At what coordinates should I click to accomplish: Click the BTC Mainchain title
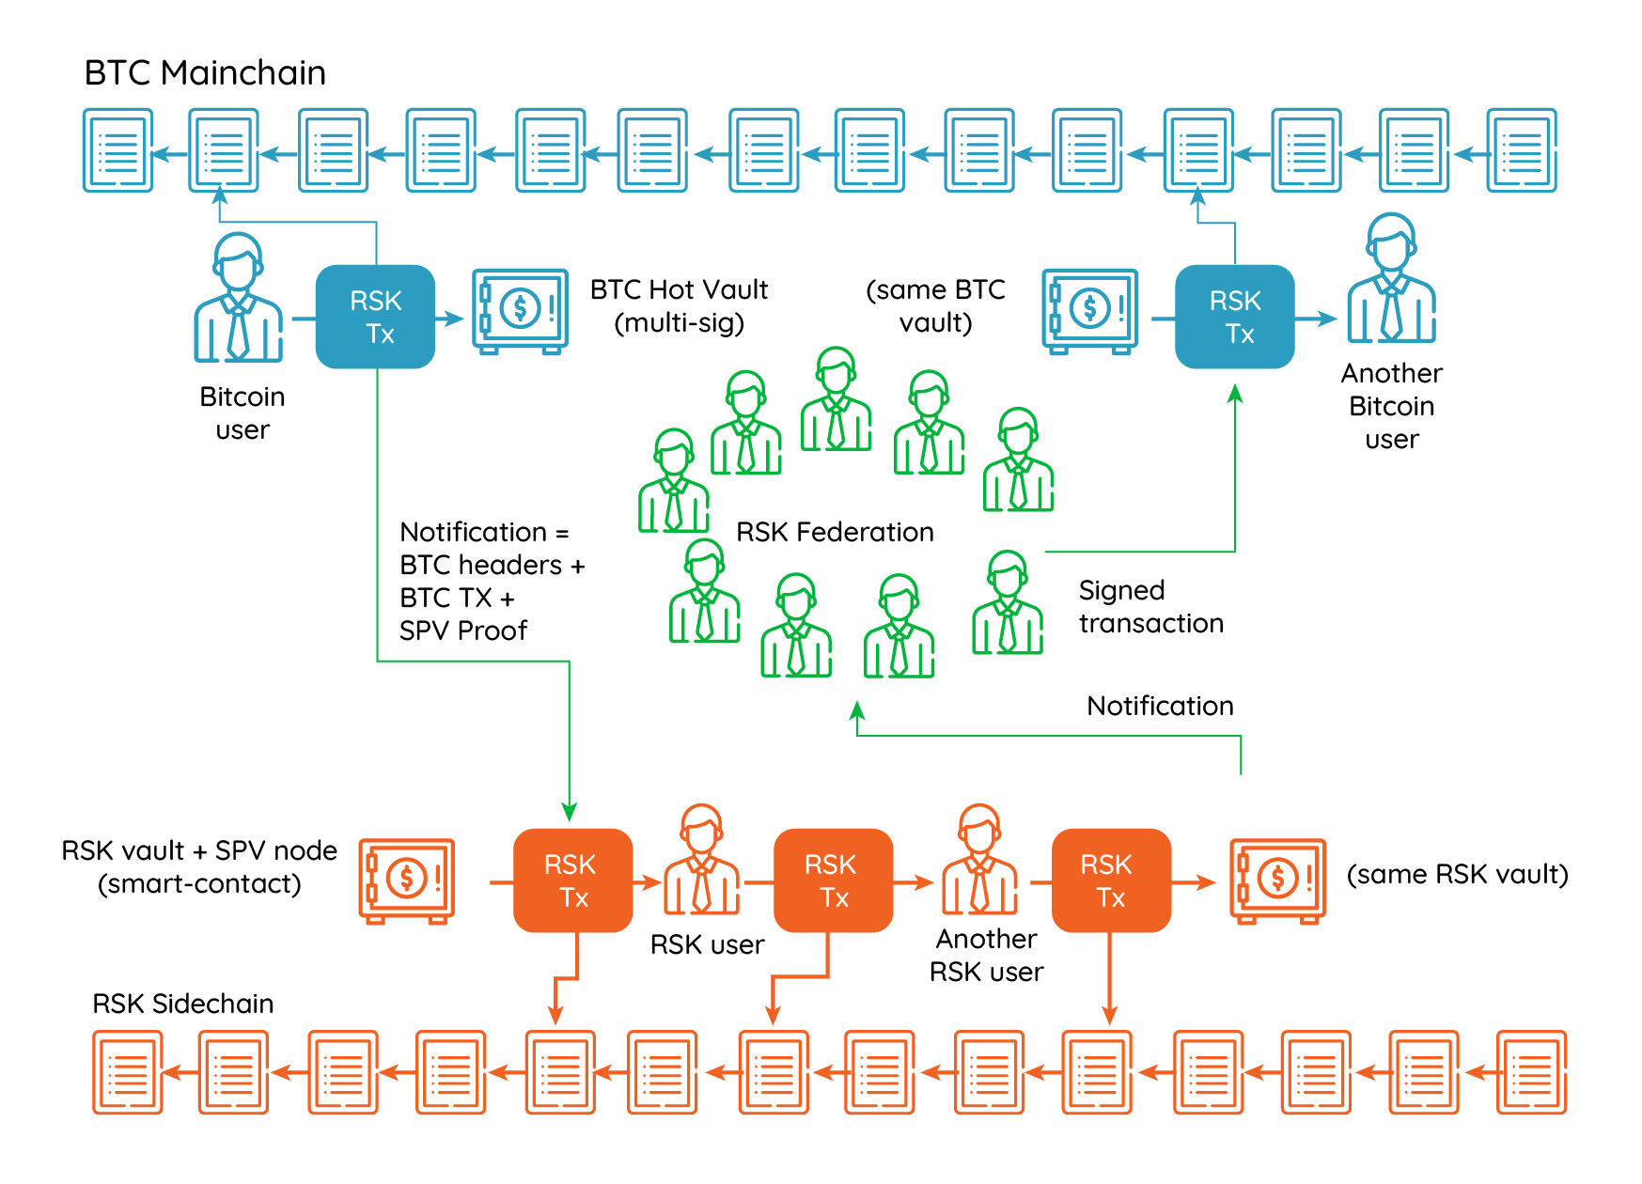click(205, 73)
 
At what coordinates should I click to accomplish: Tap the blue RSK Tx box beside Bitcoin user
click(375, 318)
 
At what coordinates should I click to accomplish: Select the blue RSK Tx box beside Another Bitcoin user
click(1234, 318)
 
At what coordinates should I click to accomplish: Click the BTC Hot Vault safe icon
click(520, 311)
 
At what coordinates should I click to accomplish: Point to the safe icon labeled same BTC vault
click(1089, 311)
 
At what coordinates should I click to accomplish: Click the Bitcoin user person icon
click(238, 298)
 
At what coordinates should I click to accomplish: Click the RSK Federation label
click(835, 533)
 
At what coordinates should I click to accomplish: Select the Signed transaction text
click(1150, 607)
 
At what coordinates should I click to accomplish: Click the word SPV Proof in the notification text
click(463, 631)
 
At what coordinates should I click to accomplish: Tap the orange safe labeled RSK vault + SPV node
click(407, 880)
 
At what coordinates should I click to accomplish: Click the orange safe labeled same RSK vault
click(1277, 880)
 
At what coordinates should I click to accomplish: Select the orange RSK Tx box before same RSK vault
click(1111, 880)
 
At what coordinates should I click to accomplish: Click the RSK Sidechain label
click(183, 1004)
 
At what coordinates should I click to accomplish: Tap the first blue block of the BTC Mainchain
click(117, 150)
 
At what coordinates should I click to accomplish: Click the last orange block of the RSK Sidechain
click(1531, 1072)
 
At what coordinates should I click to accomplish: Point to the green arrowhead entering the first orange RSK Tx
click(569, 812)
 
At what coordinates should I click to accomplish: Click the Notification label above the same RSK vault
click(1160, 707)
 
